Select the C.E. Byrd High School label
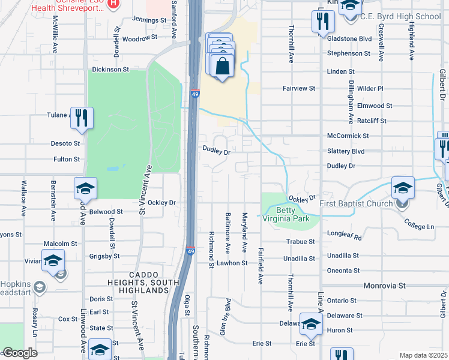[400, 17]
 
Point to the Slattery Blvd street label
[346, 151]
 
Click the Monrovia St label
[385, 287]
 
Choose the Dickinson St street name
[110, 70]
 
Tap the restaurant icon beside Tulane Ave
[82, 118]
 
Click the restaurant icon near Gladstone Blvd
[323, 22]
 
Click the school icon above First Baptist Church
[402, 187]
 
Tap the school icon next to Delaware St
[310, 324]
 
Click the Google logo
[19, 353]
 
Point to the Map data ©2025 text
[423, 355]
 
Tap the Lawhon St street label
[232, 263]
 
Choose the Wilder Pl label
[370, 88]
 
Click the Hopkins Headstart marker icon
[40, 286]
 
